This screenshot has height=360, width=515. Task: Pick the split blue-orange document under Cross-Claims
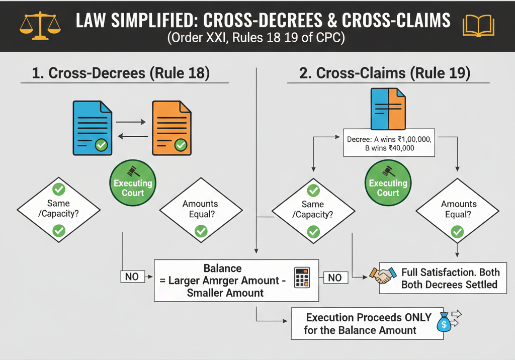click(387, 109)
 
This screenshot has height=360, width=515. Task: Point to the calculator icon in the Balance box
click(302, 278)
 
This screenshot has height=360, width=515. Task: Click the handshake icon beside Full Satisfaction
click(382, 275)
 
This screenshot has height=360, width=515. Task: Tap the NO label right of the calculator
click(335, 277)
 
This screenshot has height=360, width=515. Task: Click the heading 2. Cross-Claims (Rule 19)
click(385, 73)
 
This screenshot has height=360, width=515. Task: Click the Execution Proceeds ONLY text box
click(367, 324)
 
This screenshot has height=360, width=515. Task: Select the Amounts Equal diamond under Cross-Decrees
click(200, 210)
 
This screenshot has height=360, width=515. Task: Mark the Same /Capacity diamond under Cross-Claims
click(313, 210)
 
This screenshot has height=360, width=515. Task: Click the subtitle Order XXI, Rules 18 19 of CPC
click(257, 39)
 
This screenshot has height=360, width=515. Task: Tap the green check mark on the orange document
click(180, 145)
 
